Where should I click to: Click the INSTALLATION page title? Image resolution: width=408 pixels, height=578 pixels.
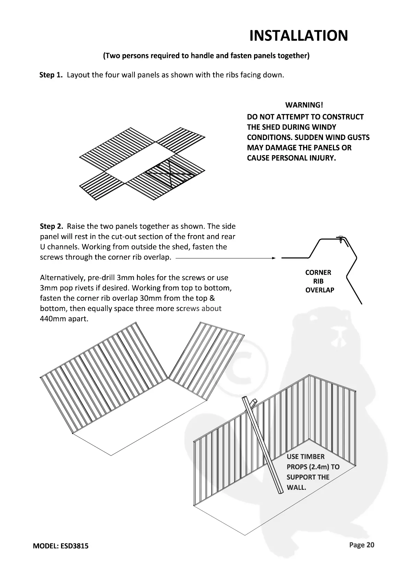click(298, 36)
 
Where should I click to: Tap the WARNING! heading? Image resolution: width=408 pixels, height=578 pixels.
click(304, 105)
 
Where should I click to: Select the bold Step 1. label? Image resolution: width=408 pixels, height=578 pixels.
click(51, 75)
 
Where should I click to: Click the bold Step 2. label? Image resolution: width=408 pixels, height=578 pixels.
click(52, 226)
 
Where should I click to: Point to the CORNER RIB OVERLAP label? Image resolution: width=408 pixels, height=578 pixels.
click(319, 281)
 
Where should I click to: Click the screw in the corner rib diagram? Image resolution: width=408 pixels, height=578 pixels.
click(340, 239)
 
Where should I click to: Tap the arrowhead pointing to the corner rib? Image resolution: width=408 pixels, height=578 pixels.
click(273, 258)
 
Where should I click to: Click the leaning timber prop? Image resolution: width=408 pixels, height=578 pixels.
click(263, 446)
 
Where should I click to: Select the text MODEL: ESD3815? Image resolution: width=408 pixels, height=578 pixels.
click(61, 546)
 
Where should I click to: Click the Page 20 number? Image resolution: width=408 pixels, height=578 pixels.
click(362, 545)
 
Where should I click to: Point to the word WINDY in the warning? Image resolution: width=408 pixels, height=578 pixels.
click(324, 127)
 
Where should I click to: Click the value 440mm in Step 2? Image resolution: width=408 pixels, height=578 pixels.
click(51, 319)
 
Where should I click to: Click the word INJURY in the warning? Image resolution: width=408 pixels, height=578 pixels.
click(322, 158)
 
